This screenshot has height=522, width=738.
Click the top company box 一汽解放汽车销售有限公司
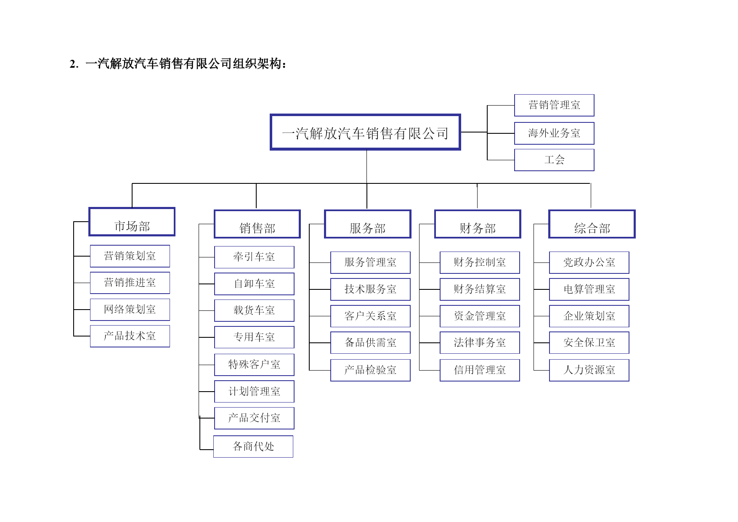click(365, 132)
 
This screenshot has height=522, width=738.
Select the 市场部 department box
click(132, 222)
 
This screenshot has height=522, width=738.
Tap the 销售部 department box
click(257, 224)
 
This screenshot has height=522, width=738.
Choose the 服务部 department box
click(367, 224)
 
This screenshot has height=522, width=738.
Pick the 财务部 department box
click(478, 224)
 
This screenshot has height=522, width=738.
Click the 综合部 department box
click(592, 224)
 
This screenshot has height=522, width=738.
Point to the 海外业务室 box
click(554, 133)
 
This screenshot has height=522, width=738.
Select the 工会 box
click(554, 160)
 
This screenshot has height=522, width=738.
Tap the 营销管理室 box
click(554, 105)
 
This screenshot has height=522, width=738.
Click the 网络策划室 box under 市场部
click(130, 310)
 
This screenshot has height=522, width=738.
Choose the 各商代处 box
click(253, 446)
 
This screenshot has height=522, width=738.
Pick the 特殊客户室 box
click(254, 365)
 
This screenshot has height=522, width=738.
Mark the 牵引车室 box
click(254, 257)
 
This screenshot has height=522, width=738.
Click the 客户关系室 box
click(370, 316)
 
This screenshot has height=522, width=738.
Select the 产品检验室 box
click(370, 370)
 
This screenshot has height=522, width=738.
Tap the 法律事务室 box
click(480, 343)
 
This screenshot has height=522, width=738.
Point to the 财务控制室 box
click(480, 262)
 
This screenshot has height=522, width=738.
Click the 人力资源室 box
click(589, 370)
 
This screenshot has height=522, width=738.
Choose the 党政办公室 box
click(589, 262)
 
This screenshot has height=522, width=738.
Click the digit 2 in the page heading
click(72, 64)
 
